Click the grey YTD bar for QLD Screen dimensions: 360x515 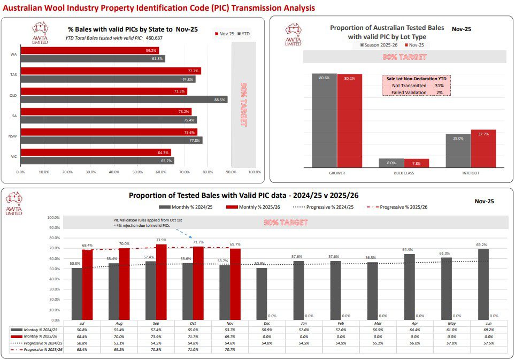click(123, 99)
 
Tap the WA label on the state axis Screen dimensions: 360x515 click(12, 55)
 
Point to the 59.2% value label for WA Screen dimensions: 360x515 click(151, 51)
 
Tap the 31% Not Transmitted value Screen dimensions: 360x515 click(439, 86)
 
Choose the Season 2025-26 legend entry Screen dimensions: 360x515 click(376, 45)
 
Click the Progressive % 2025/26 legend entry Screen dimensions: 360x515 click(401, 207)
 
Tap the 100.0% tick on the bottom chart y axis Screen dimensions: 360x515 click(53, 218)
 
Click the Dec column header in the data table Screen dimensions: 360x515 click(266, 323)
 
